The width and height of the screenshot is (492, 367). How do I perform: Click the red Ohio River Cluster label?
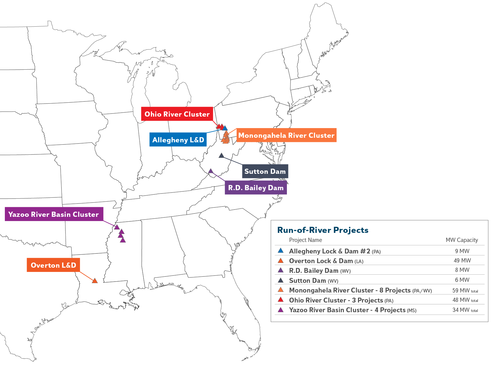177,114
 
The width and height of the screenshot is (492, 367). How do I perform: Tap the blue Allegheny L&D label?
178,140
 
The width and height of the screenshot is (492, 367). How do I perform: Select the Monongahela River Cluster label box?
286,135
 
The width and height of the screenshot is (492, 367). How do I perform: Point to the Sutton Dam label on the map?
265,171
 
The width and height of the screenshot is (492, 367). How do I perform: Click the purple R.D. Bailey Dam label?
256,188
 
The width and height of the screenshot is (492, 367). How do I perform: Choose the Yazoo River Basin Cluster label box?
54,214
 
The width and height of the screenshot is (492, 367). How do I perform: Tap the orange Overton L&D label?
53,265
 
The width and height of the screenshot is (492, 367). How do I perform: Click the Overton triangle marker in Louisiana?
95,281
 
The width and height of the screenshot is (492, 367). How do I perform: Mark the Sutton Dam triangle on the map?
221,156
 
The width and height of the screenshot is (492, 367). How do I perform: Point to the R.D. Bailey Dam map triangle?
211,171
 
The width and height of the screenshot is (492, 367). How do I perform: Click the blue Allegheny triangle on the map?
225,128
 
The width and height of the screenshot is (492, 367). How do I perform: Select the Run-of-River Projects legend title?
323,230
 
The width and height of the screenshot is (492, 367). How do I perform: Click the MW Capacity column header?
462,240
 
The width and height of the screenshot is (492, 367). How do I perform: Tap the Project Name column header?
305,240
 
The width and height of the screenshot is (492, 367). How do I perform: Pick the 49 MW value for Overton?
462,261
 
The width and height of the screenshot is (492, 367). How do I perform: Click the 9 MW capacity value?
462,251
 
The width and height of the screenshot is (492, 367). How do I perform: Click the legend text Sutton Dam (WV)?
314,281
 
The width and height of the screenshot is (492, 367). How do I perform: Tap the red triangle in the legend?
281,300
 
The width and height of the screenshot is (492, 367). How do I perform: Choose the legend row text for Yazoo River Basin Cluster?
353,310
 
